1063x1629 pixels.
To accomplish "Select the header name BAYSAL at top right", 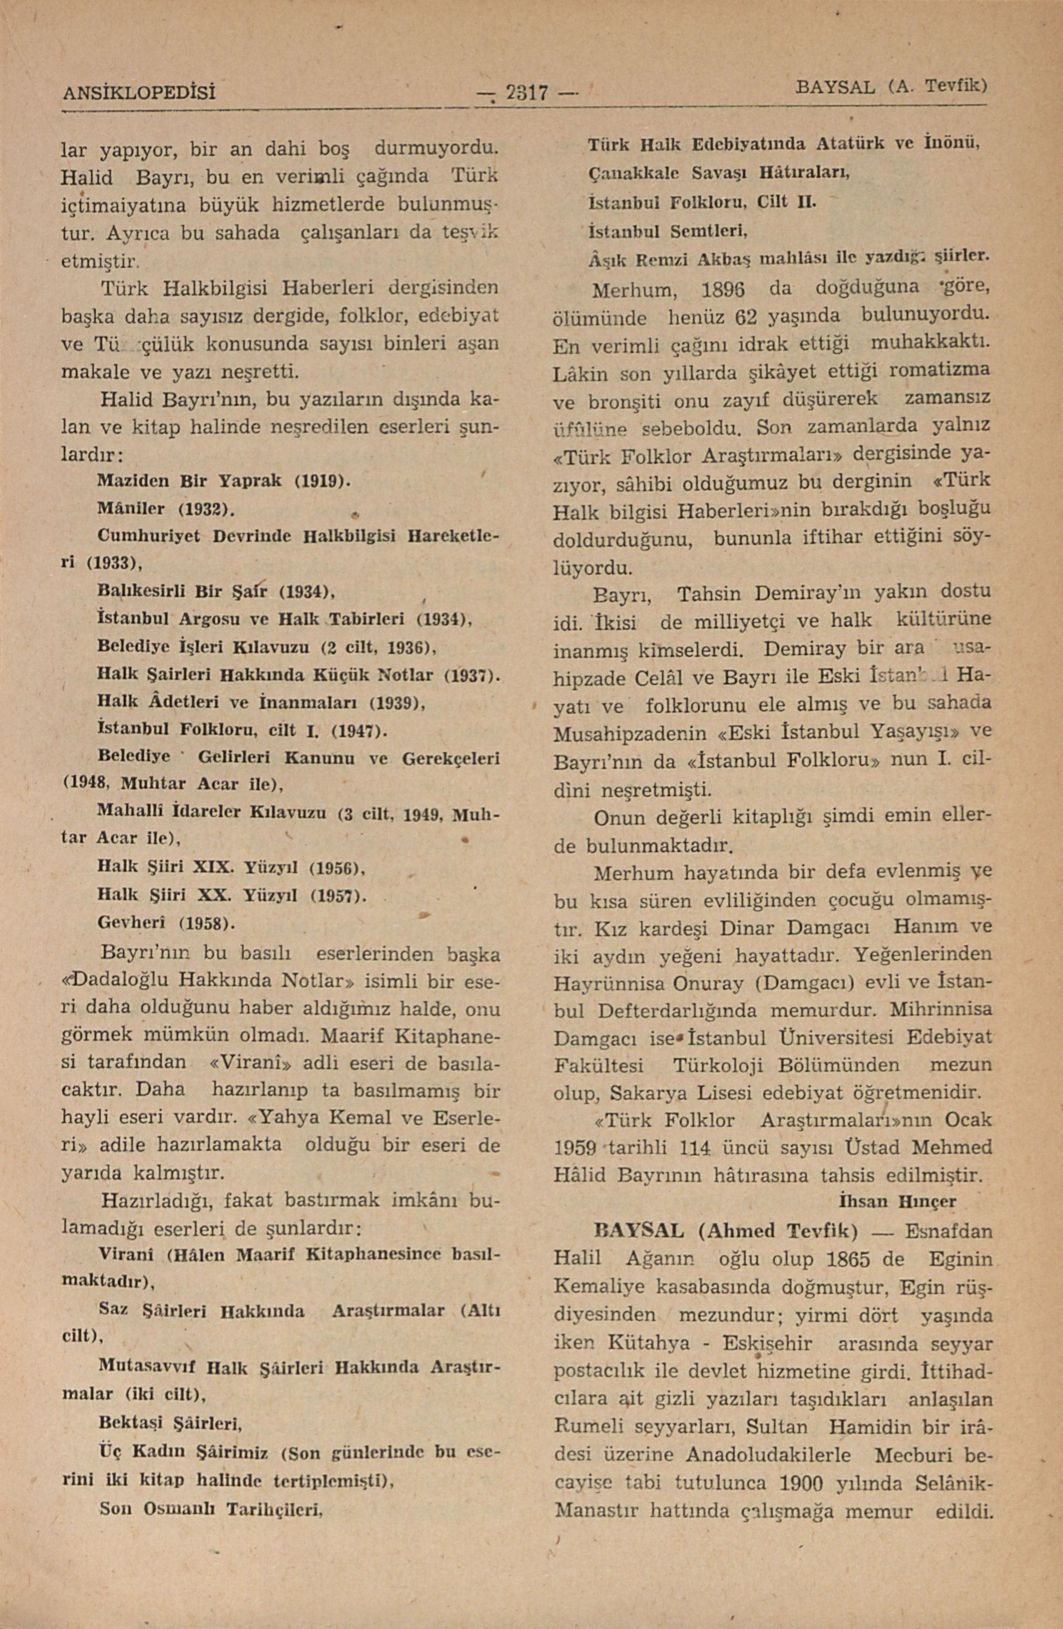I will (x=835, y=88).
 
